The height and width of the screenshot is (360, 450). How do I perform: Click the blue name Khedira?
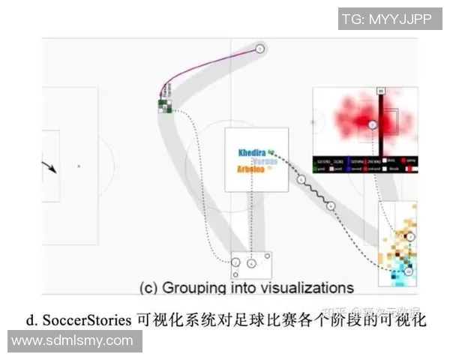point(252,152)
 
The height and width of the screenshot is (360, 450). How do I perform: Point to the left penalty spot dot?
point(77,166)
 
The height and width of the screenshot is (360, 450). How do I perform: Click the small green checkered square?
point(165,105)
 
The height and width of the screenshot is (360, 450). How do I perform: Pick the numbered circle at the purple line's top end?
point(259,49)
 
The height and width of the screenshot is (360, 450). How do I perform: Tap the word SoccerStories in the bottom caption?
point(88,319)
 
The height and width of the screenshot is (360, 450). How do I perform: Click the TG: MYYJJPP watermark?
point(386,19)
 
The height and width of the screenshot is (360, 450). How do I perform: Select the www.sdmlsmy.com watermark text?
point(72,341)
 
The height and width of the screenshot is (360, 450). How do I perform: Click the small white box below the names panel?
point(250,264)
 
